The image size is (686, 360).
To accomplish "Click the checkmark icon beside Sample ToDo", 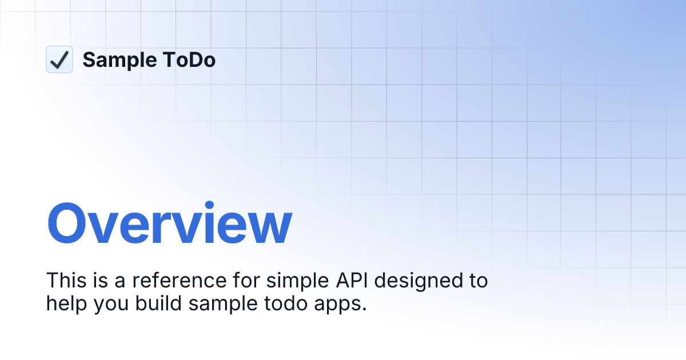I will pyautogui.click(x=59, y=59).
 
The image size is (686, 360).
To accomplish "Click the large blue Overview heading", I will pyautogui.click(x=169, y=223).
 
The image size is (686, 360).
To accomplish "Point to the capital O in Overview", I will pyautogui.click(x=69, y=223).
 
